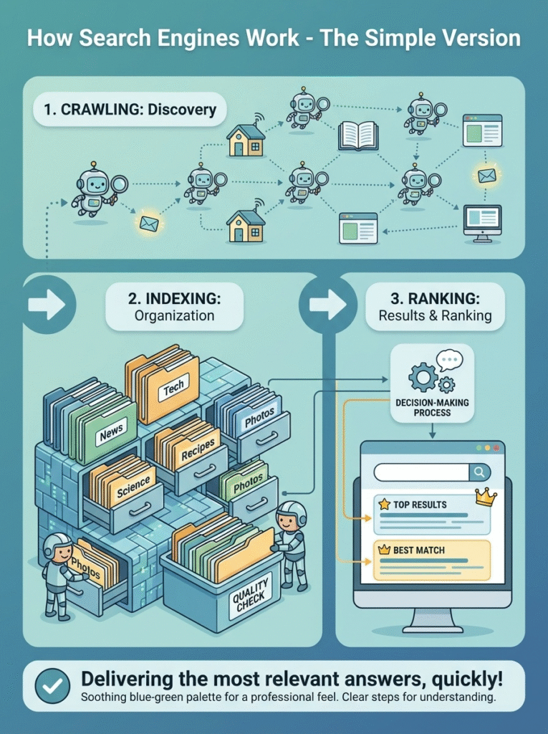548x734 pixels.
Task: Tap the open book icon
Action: (x=357, y=135)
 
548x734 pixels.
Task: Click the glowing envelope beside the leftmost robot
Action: (x=149, y=224)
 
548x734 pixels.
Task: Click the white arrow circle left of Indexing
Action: (x=47, y=305)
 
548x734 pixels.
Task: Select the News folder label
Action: (x=111, y=432)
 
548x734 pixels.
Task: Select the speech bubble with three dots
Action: (x=450, y=361)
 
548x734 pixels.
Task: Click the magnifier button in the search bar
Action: (x=479, y=472)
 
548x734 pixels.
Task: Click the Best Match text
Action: (x=418, y=550)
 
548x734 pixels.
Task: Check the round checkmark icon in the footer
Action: (x=52, y=686)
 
